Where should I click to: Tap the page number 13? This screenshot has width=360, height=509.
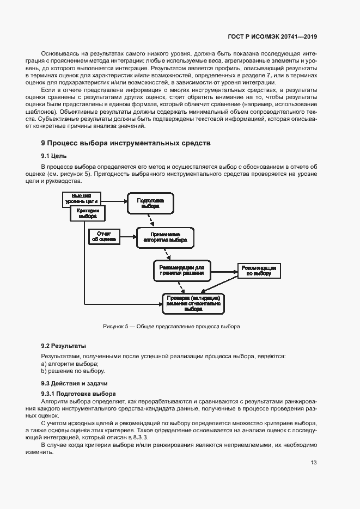313,463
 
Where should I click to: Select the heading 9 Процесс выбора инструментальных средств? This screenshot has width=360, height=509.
126,143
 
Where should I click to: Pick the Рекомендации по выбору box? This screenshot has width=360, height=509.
258,271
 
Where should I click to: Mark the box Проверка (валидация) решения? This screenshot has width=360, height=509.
193,303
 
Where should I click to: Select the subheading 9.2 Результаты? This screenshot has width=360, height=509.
64,346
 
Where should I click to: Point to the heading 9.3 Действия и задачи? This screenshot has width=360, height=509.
74,384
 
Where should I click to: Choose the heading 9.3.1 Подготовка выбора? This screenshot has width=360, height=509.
78,393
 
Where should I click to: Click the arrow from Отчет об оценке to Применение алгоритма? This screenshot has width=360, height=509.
128,236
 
